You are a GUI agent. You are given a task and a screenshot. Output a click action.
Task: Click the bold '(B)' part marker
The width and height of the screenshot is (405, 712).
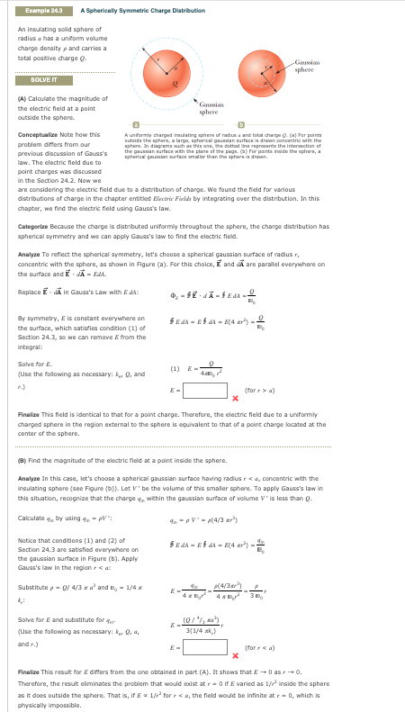[x=22, y=460]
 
